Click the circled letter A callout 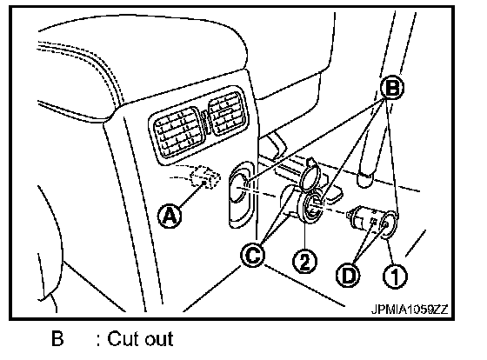tap(170, 216)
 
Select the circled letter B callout tap(392, 88)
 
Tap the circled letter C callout tap(253, 256)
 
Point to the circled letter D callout tap(348, 275)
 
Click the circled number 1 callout tap(395, 277)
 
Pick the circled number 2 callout tap(304, 261)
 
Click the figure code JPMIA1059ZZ tap(410, 309)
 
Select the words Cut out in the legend tap(140, 338)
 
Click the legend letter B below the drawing tap(57, 338)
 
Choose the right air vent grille tap(227, 112)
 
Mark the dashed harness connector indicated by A tap(205, 177)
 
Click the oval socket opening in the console tap(240, 194)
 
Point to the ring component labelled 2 tap(310, 207)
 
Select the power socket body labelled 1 tap(373, 223)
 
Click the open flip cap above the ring tap(311, 176)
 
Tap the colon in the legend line tap(98, 340)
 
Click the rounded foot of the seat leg tap(365, 179)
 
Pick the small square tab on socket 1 tap(374, 222)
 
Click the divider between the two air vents tap(204, 122)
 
